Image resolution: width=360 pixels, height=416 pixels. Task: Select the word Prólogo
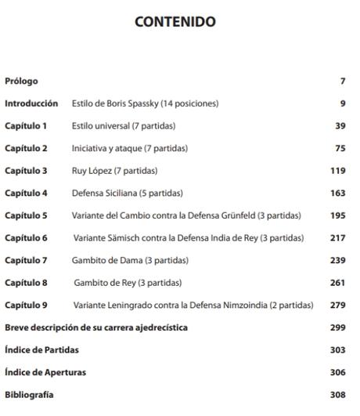click(x=21, y=81)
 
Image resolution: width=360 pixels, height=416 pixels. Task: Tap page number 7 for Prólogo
click(x=341, y=81)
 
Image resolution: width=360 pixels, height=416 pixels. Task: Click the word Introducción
click(x=31, y=103)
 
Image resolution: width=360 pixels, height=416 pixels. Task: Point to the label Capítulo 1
click(x=26, y=125)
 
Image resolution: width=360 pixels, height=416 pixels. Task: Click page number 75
click(x=338, y=148)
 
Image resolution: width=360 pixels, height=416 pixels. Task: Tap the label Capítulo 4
click(x=26, y=193)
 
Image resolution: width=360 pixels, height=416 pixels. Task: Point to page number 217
click(x=337, y=237)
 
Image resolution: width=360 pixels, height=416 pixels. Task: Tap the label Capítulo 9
click(x=26, y=305)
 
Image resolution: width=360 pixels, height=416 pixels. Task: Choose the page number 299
click(x=337, y=327)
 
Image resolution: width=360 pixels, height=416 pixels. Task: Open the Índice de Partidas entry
click(x=41, y=349)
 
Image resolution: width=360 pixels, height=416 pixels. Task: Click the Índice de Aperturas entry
click(x=45, y=372)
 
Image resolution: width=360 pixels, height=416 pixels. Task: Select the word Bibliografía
click(x=29, y=395)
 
